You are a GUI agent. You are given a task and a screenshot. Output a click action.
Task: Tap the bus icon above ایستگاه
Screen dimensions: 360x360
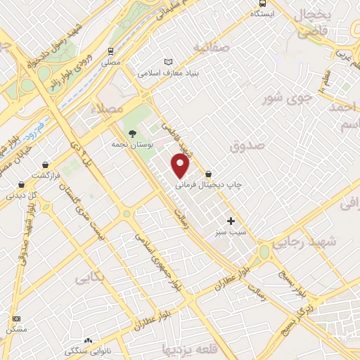[x=259, y=12]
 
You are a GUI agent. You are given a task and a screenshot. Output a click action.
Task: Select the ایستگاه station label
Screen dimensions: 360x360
[x=259, y=22]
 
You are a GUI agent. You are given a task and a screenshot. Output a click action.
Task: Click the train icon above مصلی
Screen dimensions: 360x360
[x=111, y=51]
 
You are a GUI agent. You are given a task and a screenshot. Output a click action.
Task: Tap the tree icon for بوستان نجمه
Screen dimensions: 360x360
[x=132, y=133]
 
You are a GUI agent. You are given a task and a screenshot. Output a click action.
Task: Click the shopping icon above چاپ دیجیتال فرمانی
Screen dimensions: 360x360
[x=209, y=173]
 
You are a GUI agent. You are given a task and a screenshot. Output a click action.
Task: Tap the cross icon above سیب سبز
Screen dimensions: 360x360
[x=231, y=221]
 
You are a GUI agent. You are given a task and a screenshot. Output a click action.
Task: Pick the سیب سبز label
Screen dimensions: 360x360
[x=231, y=231]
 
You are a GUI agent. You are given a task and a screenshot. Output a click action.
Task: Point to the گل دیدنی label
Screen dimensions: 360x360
[x=22, y=195]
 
